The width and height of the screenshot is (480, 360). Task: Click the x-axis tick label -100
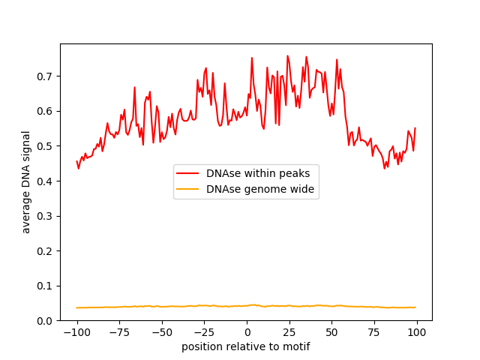point(76,332)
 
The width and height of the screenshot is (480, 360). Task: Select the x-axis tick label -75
point(119,332)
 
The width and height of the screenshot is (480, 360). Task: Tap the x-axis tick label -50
point(162,332)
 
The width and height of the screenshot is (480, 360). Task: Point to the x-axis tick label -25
point(204,332)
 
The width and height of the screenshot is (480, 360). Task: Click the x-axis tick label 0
point(247,332)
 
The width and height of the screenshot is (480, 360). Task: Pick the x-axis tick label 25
point(289,332)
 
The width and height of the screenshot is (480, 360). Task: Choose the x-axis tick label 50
point(331,332)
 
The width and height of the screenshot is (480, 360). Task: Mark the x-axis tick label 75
point(374,332)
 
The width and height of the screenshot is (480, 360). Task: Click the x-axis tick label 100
point(416,332)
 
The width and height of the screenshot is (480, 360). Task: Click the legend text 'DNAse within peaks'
point(259,172)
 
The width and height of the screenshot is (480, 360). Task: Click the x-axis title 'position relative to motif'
point(246,346)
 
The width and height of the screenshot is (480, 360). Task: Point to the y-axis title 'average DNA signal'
point(26,182)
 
